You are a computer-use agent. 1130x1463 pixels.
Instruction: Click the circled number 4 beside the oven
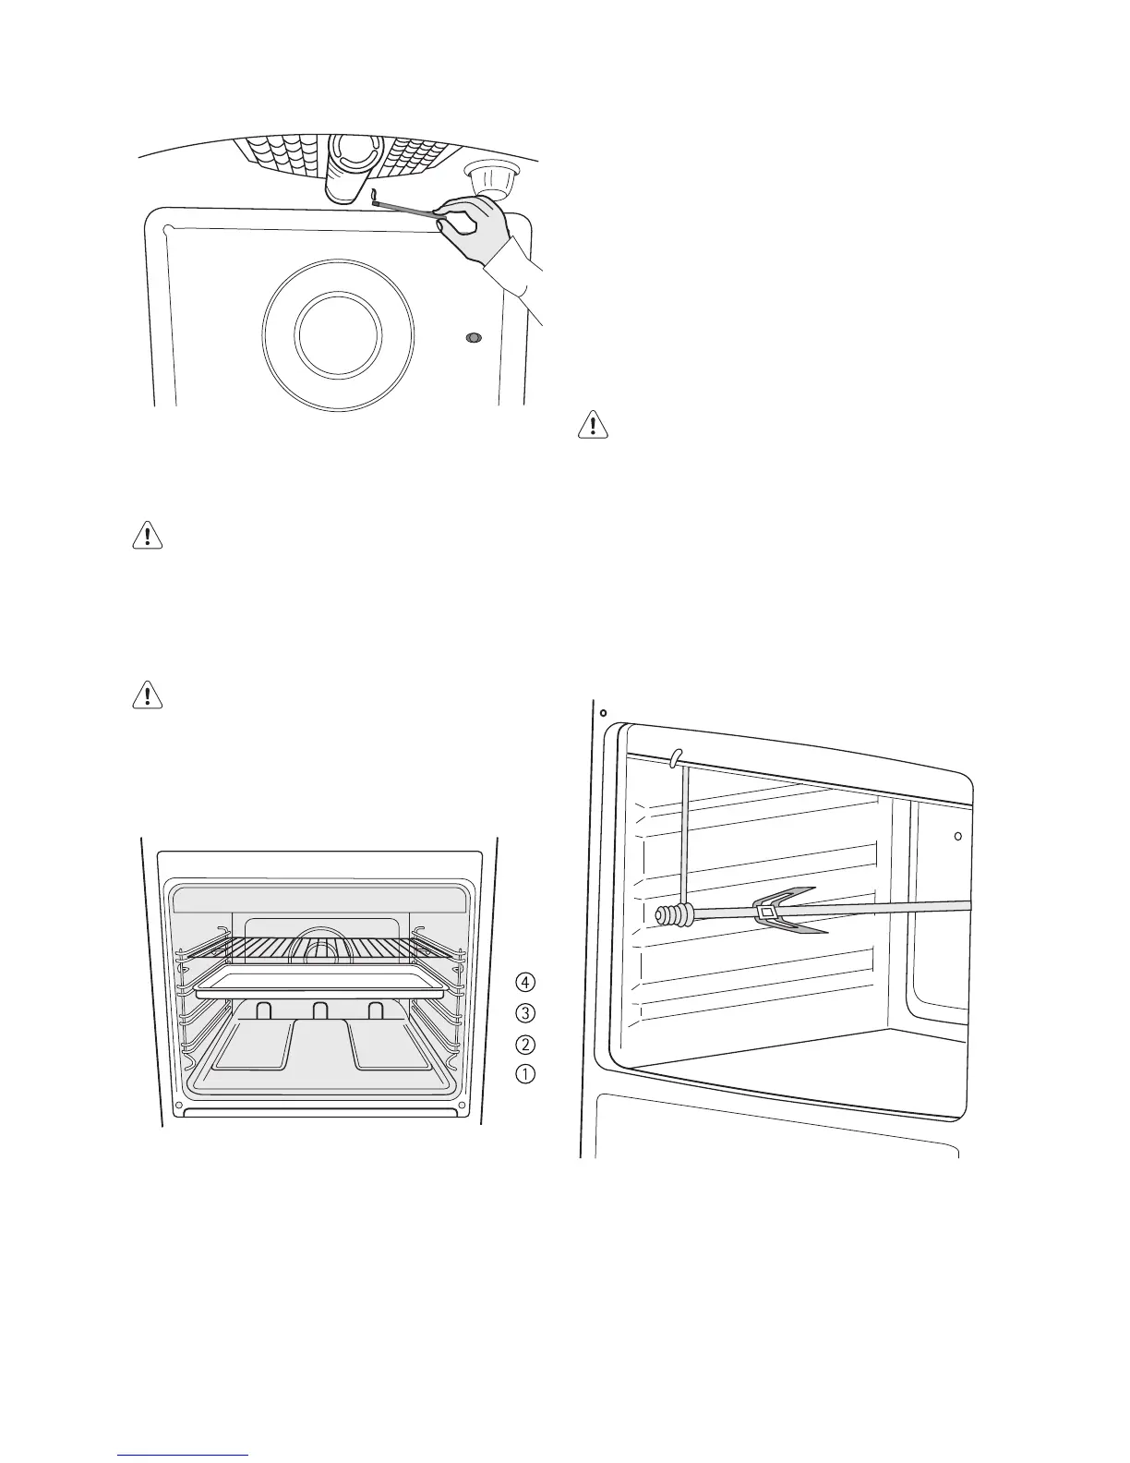click(524, 980)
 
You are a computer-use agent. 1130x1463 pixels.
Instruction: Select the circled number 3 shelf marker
click(524, 1012)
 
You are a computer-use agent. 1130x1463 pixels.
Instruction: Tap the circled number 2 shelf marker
click(524, 1045)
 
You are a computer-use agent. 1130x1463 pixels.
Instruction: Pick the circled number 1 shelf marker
click(524, 1074)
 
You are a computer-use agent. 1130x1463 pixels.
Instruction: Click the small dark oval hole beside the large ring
click(474, 339)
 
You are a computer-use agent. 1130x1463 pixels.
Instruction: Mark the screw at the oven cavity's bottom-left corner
click(178, 1105)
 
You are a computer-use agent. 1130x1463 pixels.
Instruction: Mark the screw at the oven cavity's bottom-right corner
click(461, 1105)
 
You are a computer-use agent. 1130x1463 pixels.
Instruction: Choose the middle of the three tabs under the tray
click(319, 1010)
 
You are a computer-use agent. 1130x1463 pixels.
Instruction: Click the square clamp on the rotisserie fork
click(766, 913)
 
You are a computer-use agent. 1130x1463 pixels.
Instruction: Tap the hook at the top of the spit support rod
click(677, 756)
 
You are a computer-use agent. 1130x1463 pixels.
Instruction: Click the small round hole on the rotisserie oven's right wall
click(957, 837)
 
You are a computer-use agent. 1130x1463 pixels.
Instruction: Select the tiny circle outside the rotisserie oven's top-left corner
click(602, 713)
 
